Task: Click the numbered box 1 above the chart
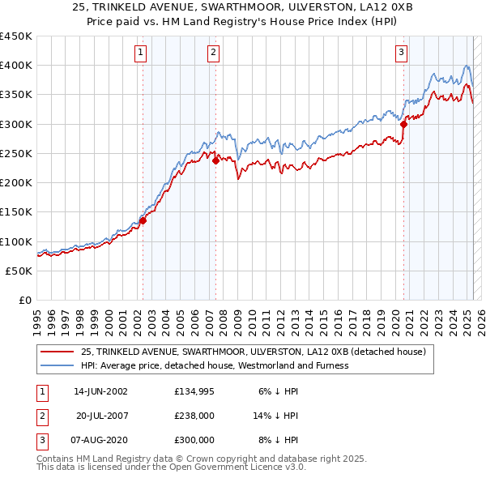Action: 141,53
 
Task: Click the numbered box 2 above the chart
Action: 213,53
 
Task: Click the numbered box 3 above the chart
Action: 401,53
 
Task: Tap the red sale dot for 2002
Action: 143,220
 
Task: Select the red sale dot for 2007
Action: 216,160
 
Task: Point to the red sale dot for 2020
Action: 403,124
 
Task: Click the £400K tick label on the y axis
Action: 16,66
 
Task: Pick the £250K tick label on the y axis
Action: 16,153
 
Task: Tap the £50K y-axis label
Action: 19,271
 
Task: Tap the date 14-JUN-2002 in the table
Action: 101,391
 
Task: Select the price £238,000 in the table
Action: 194,416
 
